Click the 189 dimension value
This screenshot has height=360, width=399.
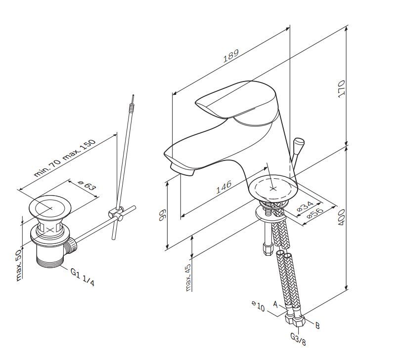231,56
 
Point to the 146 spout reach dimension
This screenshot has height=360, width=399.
223,186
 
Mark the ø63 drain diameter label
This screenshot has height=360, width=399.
87,186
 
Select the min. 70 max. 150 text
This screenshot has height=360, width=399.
65,159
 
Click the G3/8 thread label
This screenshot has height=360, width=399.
298,339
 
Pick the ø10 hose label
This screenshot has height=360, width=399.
258,307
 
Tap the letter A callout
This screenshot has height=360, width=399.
275,305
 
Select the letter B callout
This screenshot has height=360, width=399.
317,325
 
